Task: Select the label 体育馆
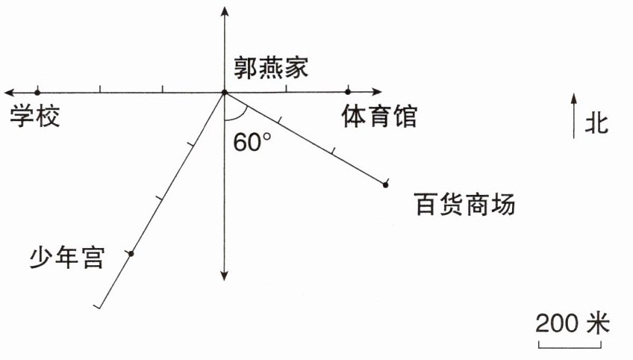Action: tap(379, 117)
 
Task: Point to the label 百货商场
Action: tap(464, 204)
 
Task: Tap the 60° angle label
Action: tap(252, 143)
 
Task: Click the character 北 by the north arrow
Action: tap(596, 123)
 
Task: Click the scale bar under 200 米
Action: tap(571, 344)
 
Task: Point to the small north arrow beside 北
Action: tap(573, 115)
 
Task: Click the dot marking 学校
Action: tap(37, 93)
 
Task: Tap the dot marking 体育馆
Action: tap(349, 93)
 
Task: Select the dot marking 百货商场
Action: tap(385, 184)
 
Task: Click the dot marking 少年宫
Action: tap(131, 254)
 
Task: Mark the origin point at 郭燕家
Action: tap(224, 93)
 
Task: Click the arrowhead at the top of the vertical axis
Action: tap(224, 9)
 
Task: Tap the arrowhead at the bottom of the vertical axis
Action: tap(224, 277)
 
